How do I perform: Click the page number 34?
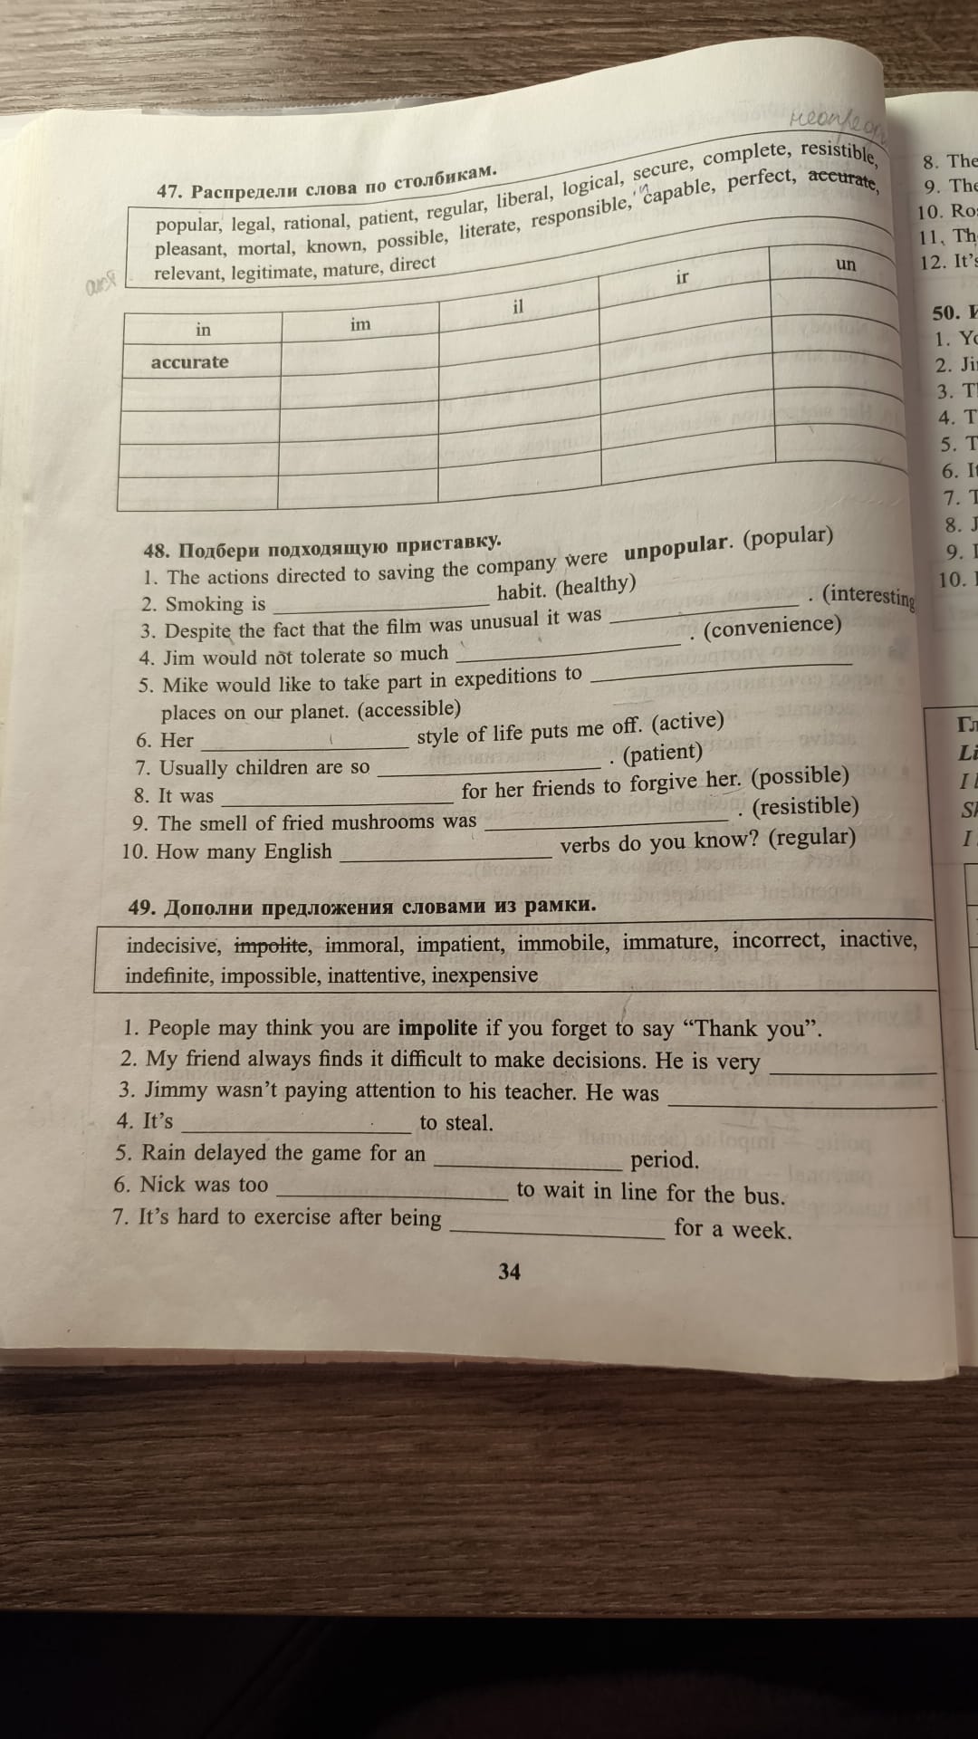(x=509, y=1272)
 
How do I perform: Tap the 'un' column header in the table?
(x=845, y=264)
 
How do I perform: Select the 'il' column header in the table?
(x=518, y=306)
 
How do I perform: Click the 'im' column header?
(x=360, y=323)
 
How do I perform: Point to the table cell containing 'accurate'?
(x=190, y=362)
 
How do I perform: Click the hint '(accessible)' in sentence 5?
(x=409, y=709)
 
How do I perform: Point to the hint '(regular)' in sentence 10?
(x=811, y=837)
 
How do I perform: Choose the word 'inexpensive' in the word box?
(x=484, y=975)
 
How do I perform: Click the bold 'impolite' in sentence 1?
(x=437, y=1027)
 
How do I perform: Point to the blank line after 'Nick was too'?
(x=393, y=1196)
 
